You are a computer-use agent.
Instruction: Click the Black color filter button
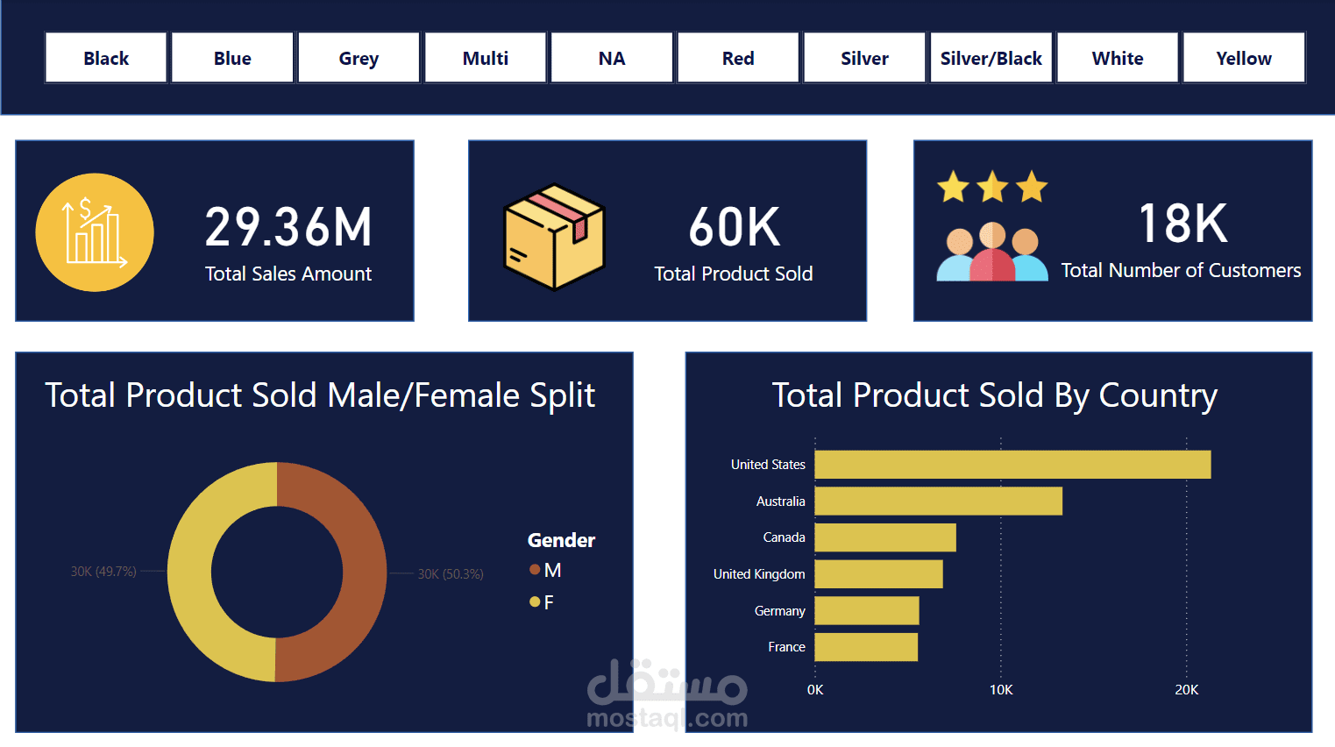pos(106,58)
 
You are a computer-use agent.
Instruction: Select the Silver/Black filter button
pos(991,58)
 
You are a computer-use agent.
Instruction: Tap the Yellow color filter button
pos(1243,58)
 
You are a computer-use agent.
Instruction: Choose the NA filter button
pos(612,58)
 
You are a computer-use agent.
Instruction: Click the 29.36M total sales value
pos(288,227)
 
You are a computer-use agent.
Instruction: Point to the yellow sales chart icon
pos(95,232)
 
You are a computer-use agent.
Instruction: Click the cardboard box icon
pos(554,236)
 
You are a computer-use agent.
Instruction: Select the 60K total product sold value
pos(734,227)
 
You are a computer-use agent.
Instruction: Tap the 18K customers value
pos(1182,224)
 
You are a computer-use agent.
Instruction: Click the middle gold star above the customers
pos(992,187)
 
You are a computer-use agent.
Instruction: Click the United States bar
pos(1012,465)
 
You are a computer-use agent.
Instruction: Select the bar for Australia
pos(938,502)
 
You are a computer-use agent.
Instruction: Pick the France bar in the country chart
pos(866,647)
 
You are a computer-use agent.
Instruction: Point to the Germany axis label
pos(779,611)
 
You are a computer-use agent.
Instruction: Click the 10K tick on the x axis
pos(1001,690)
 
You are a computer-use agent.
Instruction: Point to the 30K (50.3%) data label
pos(450,574)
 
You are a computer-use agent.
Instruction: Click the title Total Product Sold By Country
pos(994,395)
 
